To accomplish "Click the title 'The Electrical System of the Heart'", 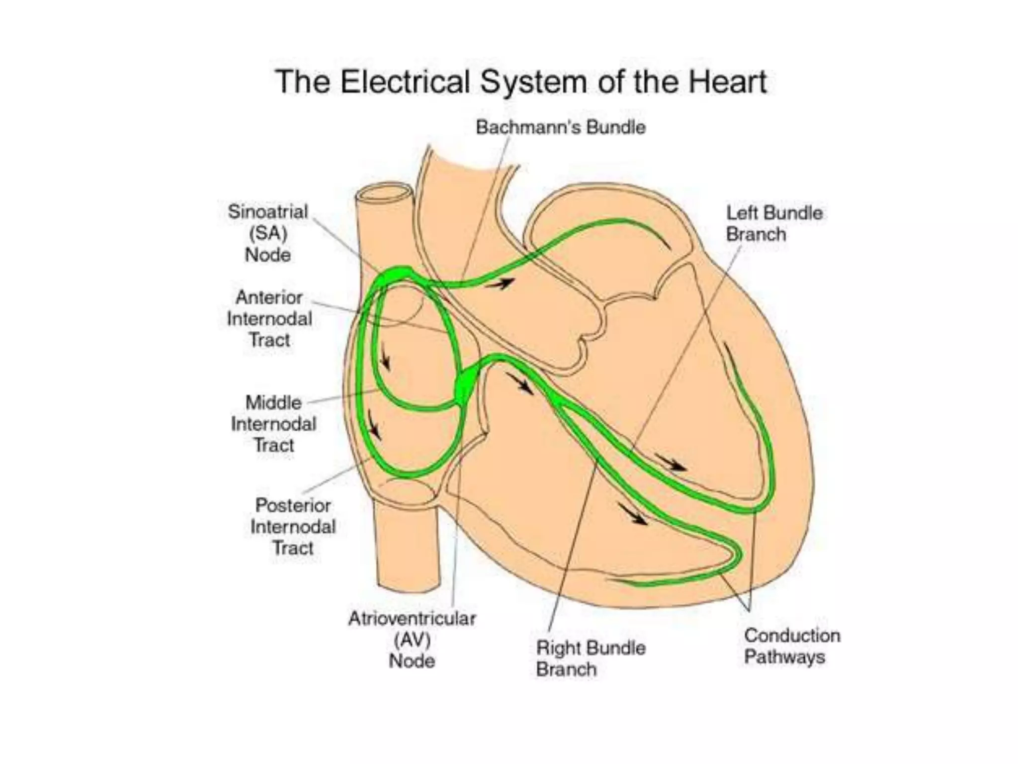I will (521, 82).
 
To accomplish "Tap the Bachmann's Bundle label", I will (560, 127).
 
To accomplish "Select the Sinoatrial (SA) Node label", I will (268, 233).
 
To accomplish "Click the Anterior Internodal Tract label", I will (269, 319).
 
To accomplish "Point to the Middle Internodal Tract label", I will (273, 424).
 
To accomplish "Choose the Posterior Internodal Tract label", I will (293, 526).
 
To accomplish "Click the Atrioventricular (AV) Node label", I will (412, 640).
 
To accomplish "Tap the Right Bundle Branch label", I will (591, 658).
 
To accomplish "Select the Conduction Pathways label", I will (792, 646).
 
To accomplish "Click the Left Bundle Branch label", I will (774, 223).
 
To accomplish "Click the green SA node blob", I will (396, 274).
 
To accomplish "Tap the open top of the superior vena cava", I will (384, 193).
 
